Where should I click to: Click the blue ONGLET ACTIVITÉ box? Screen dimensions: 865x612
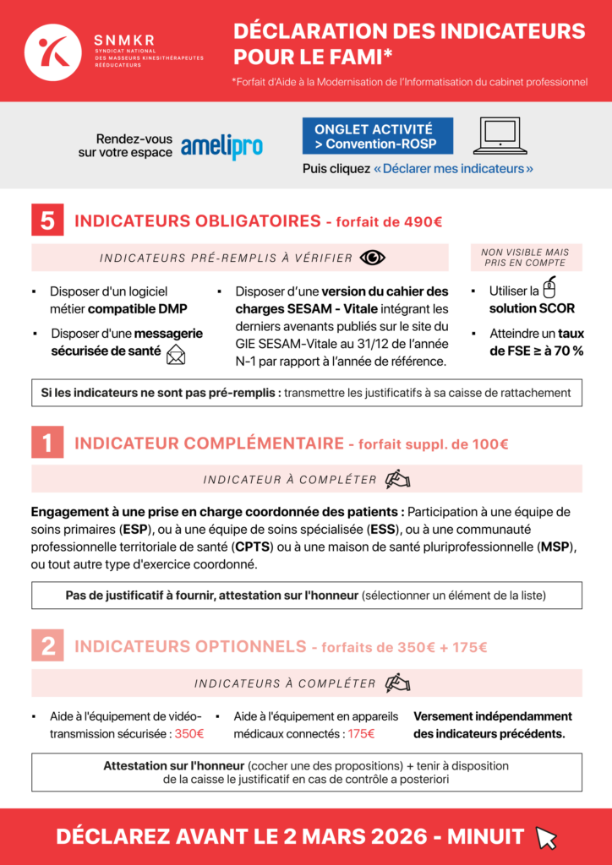[x=377, y=136]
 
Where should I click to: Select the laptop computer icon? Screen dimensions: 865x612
[x=500, y=136]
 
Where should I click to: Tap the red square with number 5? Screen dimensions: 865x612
[x=48, y=220]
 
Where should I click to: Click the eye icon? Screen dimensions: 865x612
[x=372, y=258]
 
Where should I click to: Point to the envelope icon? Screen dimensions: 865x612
[x=176, y=355]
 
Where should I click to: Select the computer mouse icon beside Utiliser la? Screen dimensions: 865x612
[x=549, y=286]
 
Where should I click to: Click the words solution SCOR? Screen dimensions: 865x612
[x=532, y=308]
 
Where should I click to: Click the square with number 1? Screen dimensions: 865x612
[x=48, y=443]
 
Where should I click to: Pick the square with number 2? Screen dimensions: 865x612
[x=48, y=646]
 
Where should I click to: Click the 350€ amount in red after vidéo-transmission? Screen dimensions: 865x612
[x=189, y=734]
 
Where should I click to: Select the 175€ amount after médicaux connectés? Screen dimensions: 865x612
[x=361, y=734]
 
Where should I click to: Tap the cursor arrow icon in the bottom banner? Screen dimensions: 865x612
[x=546, y=837]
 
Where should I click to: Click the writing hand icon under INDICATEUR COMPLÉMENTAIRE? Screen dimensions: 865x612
[x=397, y=479]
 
